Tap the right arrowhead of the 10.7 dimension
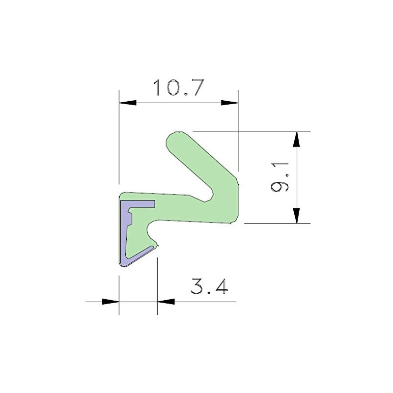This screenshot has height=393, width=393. [x=229, y=103]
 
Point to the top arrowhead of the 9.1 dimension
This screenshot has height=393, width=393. [x=296, y=140]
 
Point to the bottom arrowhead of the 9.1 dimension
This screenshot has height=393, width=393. [x=296, y=215]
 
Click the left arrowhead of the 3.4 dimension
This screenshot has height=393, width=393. [x=111, y=301]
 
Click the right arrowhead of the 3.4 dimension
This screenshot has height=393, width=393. [x=166, y=301]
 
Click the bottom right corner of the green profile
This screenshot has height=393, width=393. [x=231, y=223]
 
